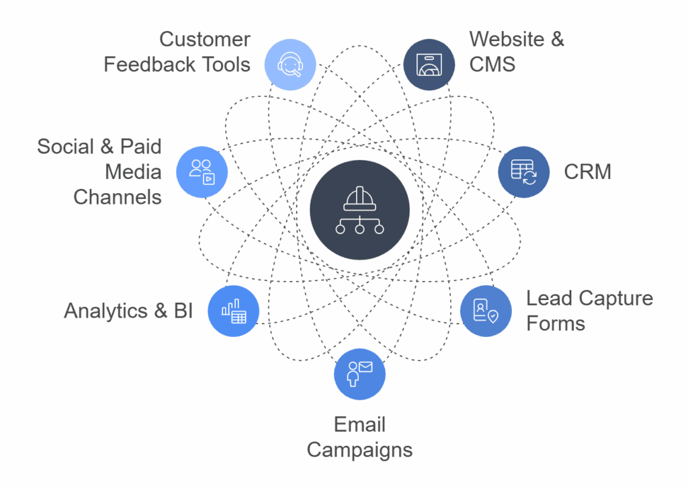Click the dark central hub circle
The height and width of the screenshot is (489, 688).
[x=359, y=211]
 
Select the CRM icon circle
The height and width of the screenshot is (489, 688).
[x=523, y=172]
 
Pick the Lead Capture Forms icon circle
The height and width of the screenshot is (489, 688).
[x=486, y=311]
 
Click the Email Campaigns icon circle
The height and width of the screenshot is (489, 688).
[x=359, y=374]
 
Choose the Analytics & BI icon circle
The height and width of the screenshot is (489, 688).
[x=234, y=311]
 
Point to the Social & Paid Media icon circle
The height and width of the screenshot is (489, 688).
[x=202, y=172]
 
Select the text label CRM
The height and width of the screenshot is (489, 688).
[x=587, y=172]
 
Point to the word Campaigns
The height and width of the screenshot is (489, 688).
[x=359, y=449]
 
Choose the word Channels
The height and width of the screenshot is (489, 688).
[x=117, y=197]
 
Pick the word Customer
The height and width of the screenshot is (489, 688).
[x=204, y=39]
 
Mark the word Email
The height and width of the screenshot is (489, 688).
[x=359, y=424]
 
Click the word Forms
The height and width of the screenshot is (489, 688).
[x=555, y=324]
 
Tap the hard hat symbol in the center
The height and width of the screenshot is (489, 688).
[x=359, y=199]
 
